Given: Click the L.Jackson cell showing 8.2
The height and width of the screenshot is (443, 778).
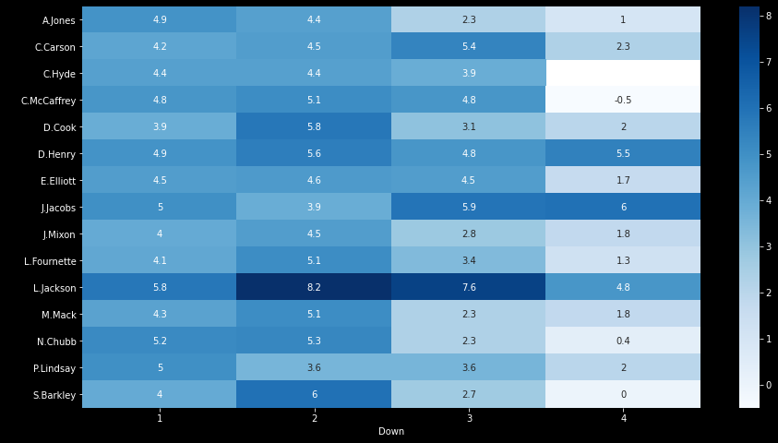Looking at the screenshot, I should coord(314,288).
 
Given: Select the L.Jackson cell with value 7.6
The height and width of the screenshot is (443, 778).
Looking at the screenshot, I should coord(468,288).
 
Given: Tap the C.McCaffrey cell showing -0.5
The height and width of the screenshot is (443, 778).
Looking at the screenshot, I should coord(623,100).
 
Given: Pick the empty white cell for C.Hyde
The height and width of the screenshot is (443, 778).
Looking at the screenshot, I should coord(623,73).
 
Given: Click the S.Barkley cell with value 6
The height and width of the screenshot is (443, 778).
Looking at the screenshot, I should coord(314,395).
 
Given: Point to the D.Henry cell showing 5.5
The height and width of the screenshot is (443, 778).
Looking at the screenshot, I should coord(623,153).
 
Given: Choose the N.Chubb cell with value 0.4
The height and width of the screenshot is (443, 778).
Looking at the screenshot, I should coord(623,341).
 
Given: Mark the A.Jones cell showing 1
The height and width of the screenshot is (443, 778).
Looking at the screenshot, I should coord(623,19).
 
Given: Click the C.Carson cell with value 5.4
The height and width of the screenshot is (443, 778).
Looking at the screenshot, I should coord(468,46).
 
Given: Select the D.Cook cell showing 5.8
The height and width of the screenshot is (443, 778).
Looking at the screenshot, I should coord(314,126).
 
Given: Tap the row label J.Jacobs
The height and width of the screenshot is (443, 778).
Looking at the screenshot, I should coord(58,208).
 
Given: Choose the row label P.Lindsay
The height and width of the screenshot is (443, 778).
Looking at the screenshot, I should coord(56,368).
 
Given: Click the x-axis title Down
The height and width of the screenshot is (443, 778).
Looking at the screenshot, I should coord(391,432).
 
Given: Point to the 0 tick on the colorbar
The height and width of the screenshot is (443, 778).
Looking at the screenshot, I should coord(769,384).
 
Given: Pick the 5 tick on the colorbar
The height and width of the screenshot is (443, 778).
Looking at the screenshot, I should coord(769,153).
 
